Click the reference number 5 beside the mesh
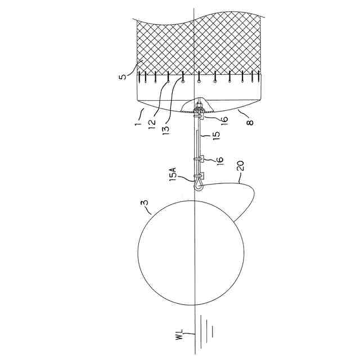point(124,74)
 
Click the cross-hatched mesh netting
point(197,45)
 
